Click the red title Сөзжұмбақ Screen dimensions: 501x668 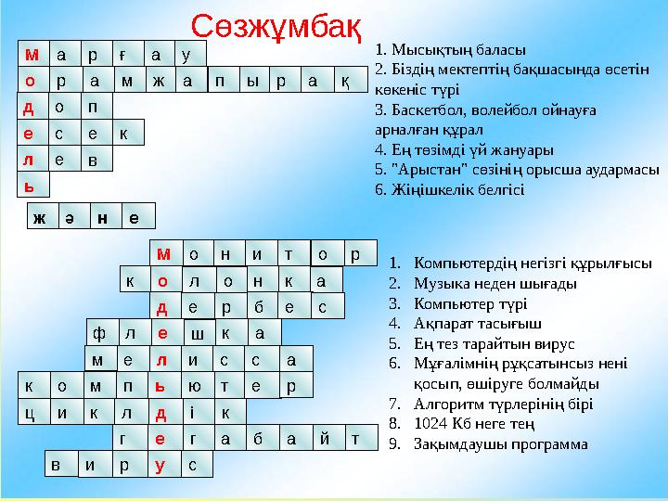click(x=276, y=28)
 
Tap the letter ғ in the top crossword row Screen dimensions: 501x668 click(x=123, y=54)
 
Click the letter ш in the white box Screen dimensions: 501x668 click(x=198, y=333)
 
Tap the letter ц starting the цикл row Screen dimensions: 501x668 click(x=30, y=411)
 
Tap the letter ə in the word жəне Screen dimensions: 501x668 click(x=69, y=219)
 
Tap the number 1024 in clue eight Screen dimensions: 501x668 click(x=432, y=424)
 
